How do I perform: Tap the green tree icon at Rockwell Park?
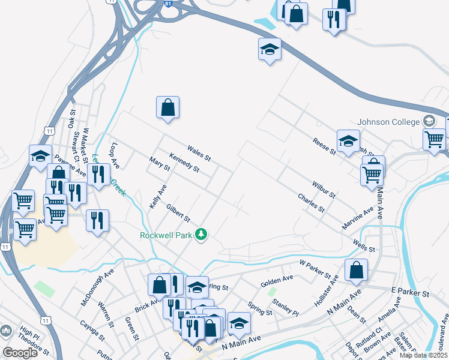203,234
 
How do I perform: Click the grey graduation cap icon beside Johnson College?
430,121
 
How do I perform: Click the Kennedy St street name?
184,162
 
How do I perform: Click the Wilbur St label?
323,190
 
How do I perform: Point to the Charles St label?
311,203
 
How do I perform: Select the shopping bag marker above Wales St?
168,108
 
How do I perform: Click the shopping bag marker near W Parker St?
357,270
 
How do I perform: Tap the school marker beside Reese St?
348,142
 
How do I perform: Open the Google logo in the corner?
20,353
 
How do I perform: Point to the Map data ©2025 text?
424,355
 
